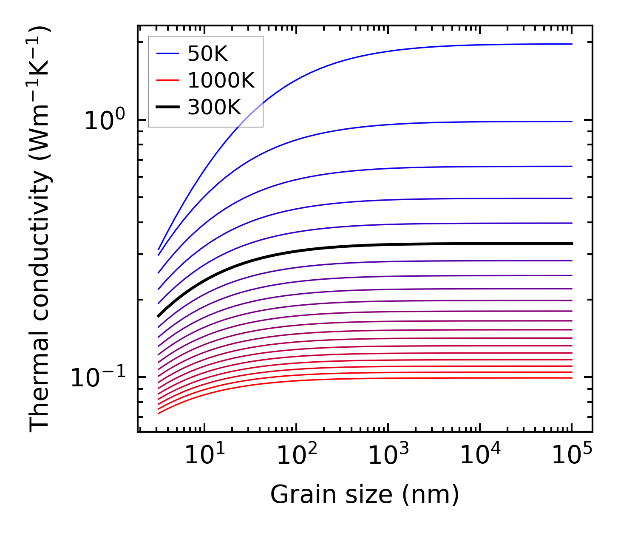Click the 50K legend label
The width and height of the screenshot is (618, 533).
coord(207,54)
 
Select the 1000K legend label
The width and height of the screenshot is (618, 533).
coord(221,81)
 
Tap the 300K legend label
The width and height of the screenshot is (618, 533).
coord(214,108)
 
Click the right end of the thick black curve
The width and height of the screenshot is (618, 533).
coord(572,244)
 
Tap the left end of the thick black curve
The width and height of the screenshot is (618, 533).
coord(158,316)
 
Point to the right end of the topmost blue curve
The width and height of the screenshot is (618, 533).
coord(572,44)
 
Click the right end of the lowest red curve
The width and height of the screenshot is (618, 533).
coord(572,378)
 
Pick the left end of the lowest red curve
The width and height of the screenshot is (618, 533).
coord(158,413)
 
